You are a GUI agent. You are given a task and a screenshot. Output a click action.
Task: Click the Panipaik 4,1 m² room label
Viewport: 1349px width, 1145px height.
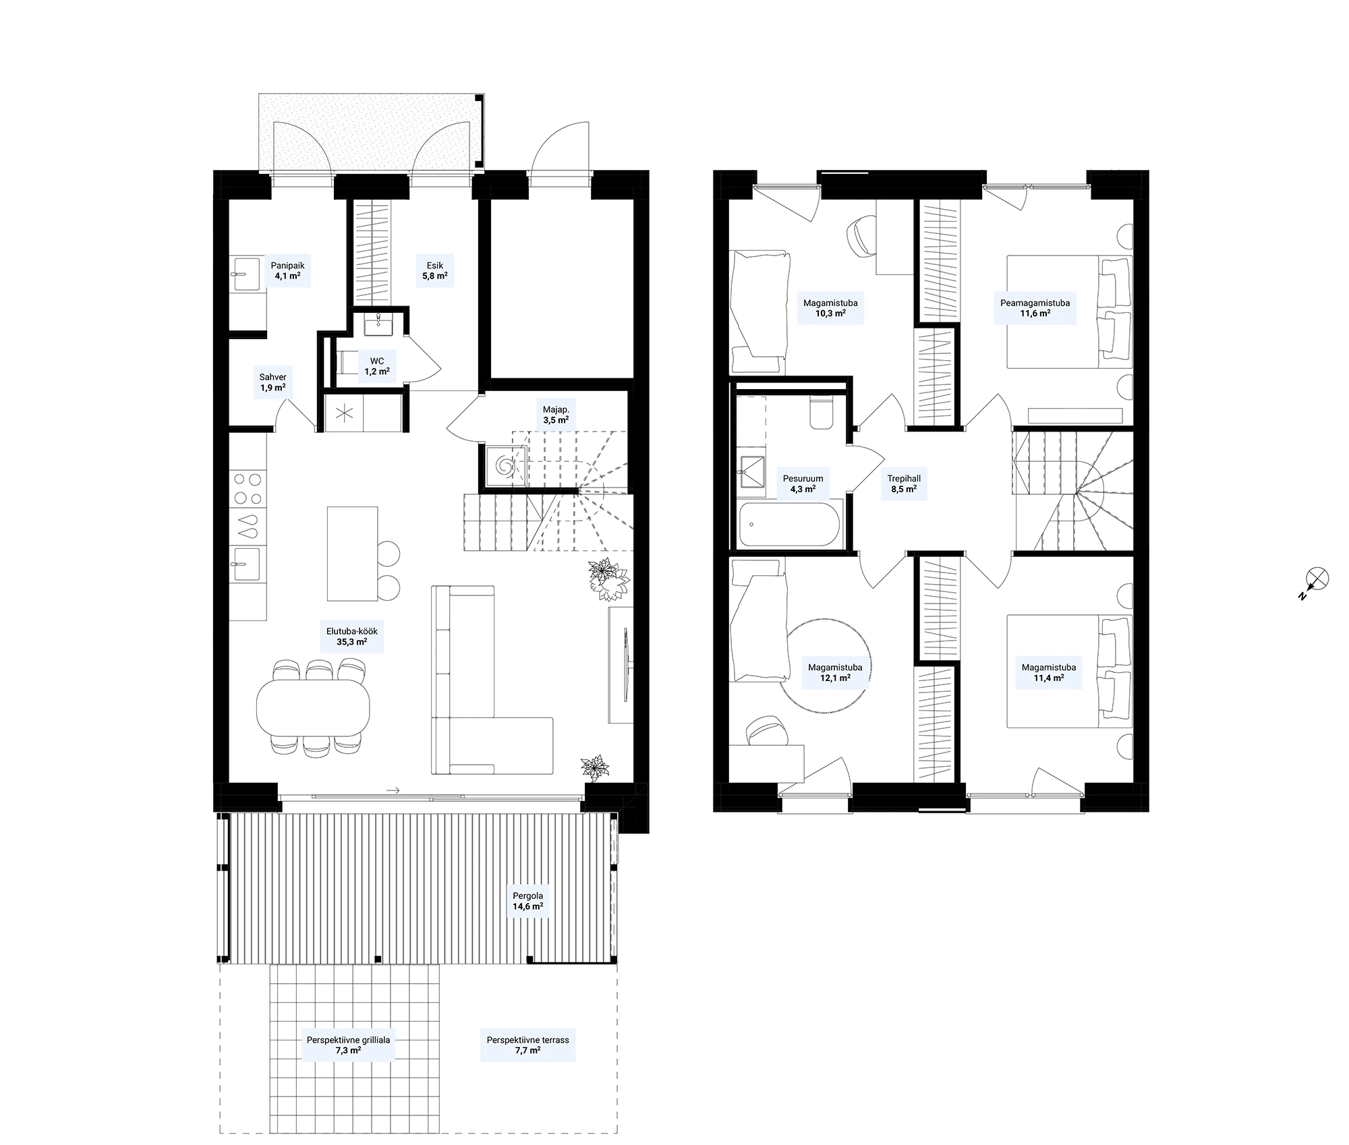(287, 270)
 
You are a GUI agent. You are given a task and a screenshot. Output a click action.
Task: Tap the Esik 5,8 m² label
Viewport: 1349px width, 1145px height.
(435, 270)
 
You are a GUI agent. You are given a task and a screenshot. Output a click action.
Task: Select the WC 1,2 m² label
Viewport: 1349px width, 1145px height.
(376, 366)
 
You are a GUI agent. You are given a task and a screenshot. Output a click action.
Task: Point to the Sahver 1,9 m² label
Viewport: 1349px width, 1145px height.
(272, 382)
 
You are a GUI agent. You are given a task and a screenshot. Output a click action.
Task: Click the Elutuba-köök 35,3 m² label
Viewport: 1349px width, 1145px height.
(352, 637)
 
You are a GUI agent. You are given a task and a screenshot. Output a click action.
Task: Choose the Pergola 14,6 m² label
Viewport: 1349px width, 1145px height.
(527, 901)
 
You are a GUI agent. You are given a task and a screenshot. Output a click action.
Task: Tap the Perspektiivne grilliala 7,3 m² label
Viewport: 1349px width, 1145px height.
(348, 1045)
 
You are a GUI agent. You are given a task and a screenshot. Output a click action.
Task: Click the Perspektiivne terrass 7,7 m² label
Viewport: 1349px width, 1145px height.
(528, 1045)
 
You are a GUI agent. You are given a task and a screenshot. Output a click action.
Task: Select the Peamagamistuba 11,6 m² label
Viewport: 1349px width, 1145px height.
(1035, 308)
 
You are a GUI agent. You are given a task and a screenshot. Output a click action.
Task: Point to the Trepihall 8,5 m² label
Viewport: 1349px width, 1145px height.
(904, 483)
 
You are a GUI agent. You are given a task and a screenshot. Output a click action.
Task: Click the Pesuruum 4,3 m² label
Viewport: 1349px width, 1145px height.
(803, 483)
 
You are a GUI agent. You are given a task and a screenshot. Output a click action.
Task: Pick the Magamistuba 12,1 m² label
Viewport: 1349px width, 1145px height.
(835, 672)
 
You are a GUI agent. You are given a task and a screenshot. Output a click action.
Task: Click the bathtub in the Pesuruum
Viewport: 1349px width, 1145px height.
(790, 523)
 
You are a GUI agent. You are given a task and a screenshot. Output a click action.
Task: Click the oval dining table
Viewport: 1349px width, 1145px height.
(313, 707)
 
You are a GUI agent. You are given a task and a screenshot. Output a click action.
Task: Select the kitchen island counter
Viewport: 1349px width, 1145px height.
(352, 554)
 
